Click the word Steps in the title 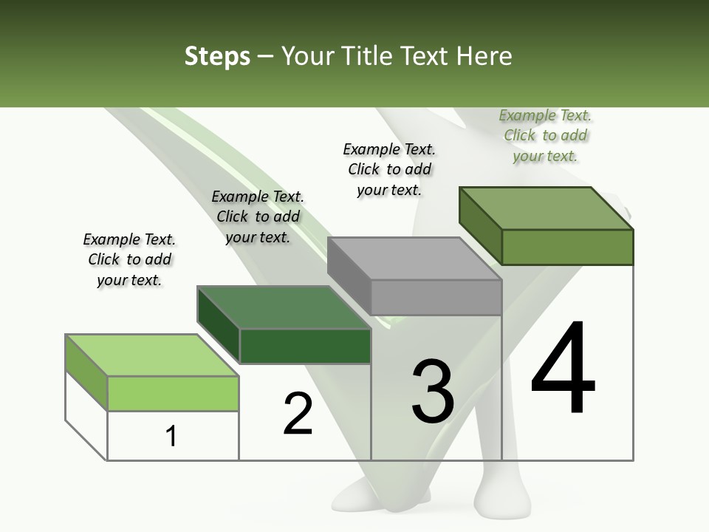217,56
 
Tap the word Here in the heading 482,56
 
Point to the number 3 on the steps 432,392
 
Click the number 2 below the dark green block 298,413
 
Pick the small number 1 171,437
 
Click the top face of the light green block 151,355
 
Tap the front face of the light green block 173,393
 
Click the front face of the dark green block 305,346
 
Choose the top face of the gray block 414,259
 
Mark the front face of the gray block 436,297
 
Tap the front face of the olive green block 567,247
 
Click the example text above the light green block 129,259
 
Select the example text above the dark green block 258,216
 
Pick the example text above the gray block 389,169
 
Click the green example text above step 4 546,135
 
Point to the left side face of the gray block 349,270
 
